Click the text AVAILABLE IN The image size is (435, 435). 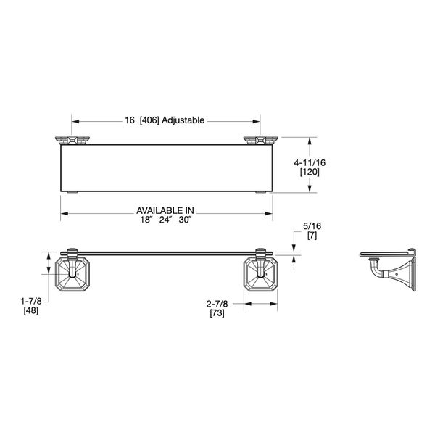coord(166,210)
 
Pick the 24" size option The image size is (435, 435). coord(166,219)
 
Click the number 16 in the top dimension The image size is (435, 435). coord(129,120)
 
